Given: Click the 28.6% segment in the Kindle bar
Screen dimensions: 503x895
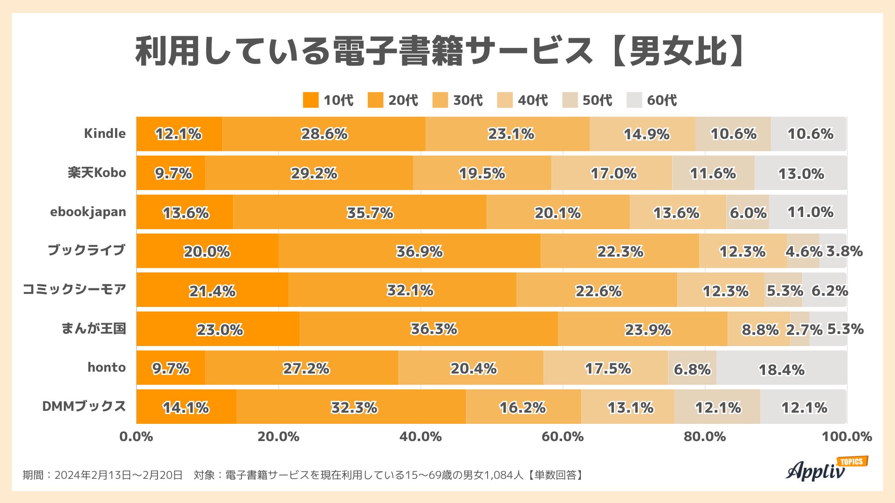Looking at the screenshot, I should [x=324, y=134].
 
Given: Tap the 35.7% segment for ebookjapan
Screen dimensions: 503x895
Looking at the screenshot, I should [x=370, y=213].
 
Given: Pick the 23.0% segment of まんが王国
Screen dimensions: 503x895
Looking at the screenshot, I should [x=219, y=330].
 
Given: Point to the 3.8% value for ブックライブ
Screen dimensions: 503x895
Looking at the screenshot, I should [x=844, y=251].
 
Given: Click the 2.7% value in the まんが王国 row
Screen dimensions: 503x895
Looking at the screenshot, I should [x=804, y=330].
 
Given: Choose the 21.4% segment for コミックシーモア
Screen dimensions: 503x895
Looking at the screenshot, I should [x=212, y=291].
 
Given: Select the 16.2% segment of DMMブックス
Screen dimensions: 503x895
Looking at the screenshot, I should [x=523, y=408].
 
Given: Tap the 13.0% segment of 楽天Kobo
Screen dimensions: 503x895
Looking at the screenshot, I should [x=801, y=174].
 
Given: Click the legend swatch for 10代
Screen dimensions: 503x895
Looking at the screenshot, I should [x=310, y=100].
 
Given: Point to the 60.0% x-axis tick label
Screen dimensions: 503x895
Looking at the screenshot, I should [x=562, y=437].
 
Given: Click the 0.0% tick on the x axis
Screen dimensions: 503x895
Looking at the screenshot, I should [x=136, y=437].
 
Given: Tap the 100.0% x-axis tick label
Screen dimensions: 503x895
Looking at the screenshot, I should [x=846, y=437].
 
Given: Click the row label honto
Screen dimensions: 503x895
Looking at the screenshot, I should [x=107, y=367].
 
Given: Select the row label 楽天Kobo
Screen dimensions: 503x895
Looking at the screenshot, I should [x=97, y=173].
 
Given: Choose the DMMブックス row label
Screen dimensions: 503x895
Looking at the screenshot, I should [x=84, y=406].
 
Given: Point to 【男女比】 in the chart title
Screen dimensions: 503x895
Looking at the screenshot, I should [x=678, y=51].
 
